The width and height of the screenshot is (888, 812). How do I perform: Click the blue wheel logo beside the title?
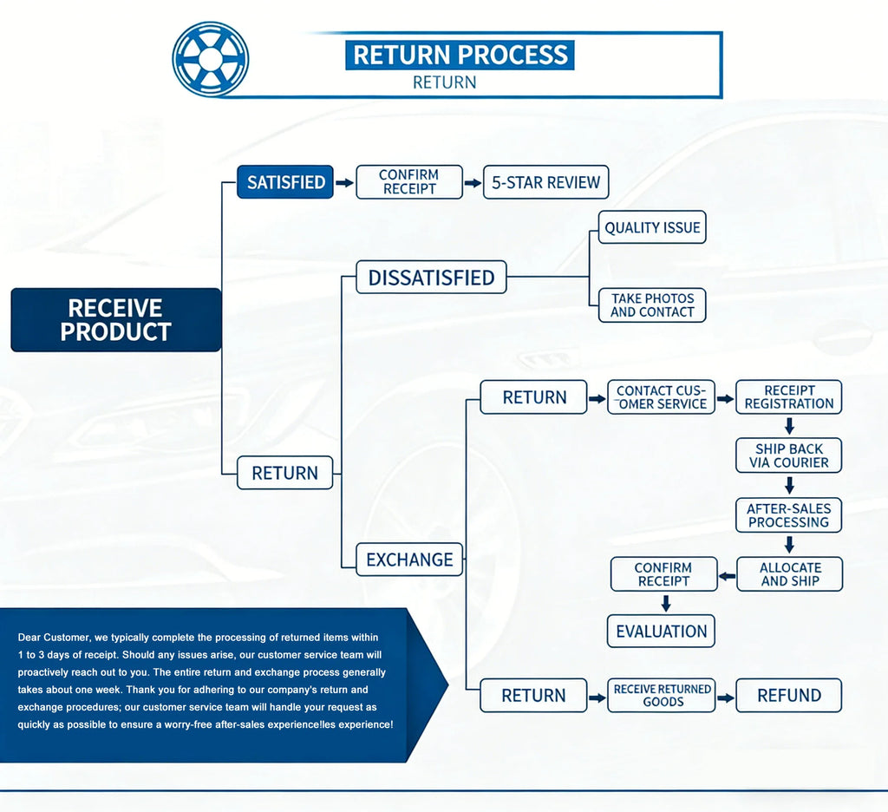click(210, 59)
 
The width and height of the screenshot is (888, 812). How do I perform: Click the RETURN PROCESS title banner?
click(460, 55)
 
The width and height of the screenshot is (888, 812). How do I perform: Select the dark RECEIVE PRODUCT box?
click(115, 319)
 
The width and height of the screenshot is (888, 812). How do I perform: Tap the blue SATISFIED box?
click(284, 182)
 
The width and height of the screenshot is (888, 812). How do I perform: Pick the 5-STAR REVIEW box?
click(546, 182)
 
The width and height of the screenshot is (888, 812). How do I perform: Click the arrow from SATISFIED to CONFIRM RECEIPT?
click(344, 182)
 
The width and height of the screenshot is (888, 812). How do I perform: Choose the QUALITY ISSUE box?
click(652, 227)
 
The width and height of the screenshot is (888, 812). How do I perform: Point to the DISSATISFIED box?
click(431, 277)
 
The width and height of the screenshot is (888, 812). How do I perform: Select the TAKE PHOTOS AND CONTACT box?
click(652, 304)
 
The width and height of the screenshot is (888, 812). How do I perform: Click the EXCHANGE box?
click(409, 560)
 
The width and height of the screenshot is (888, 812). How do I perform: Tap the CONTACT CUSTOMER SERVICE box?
click(661, 397)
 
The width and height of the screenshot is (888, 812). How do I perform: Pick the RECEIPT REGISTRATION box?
click(789, 396)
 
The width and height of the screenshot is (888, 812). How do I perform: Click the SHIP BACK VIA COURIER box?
click(789, 455)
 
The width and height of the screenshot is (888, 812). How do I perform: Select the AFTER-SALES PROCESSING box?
click(789, 515)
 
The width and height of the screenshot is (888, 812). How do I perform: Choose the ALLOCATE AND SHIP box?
click(789, 574)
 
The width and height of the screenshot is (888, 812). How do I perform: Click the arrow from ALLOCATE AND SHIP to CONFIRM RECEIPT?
click(728, 577)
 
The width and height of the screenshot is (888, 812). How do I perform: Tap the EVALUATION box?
click(661, 631)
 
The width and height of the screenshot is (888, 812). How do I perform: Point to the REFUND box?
click(789, 695)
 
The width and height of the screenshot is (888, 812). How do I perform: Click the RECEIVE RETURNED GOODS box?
click(661, 695)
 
